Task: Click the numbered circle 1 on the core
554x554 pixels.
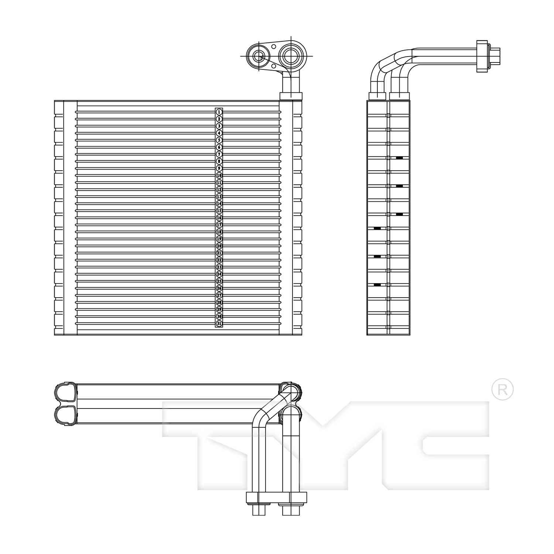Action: (x=219, y=112)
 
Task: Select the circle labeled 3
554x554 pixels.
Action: (x=219, y=126)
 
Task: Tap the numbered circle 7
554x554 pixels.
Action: (x=219, y=154)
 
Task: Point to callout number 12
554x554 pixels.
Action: (x=219, y=189)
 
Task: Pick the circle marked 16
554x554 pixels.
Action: (x=219, y=218)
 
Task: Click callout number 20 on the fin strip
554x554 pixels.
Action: (x=219, y=246)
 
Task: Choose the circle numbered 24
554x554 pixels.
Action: (x=219, y=274)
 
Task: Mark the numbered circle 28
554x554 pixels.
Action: (x=219, y=302)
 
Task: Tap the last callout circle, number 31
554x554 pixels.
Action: (x=219, y=324)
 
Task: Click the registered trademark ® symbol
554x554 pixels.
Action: (x=502, y=389)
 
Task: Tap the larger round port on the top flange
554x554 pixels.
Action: (x=292, y=55)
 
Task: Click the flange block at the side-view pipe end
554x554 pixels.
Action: (x=482, y=56)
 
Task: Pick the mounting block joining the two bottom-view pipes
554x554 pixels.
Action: (x=276, y=497)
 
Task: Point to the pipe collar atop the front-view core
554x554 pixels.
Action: (x=291, y=96)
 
